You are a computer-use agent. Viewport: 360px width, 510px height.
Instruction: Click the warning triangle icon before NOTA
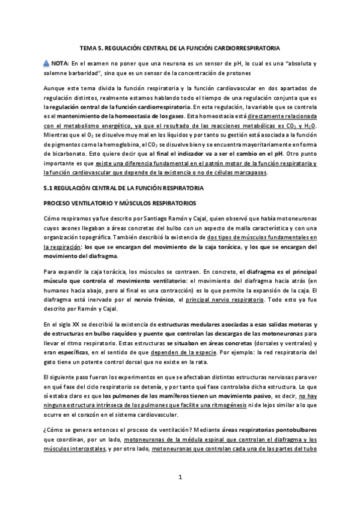[47, 63]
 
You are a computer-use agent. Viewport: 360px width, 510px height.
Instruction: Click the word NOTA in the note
[60, 63]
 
